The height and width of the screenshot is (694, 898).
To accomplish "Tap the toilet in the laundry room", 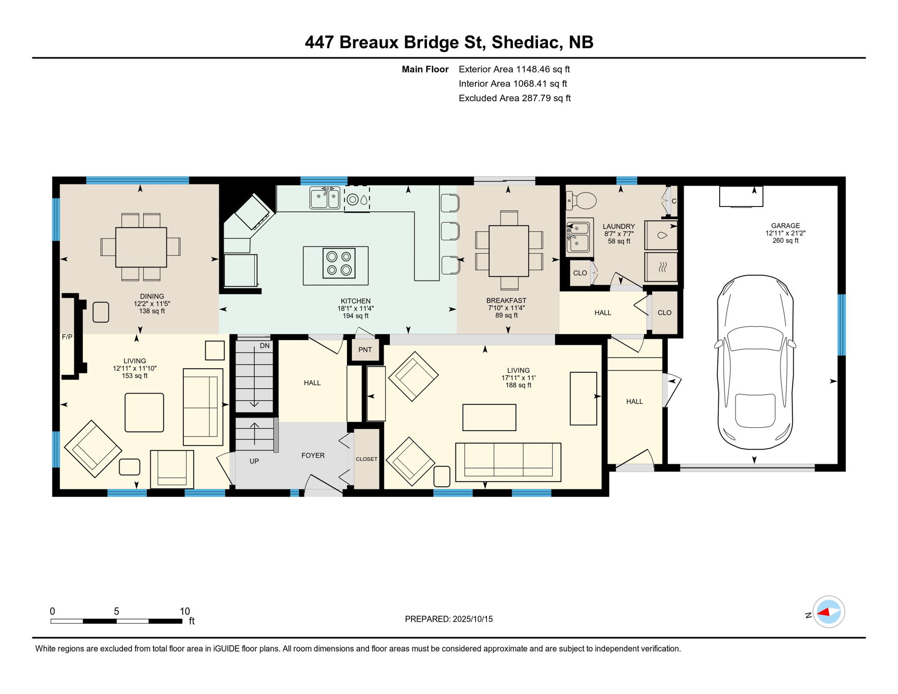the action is click(x=581, y=200).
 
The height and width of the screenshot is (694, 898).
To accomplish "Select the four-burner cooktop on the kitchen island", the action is click(x=339, y=263).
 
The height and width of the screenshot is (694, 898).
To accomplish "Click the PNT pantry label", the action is click(x=365, y=350).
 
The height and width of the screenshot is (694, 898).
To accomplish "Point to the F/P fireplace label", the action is click(x=67, y=337).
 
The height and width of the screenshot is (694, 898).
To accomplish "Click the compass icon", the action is click(x=828, y=612).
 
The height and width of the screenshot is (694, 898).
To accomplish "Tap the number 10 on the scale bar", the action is click(x=185, y=611).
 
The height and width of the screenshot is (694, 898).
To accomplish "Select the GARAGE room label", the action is click(x=786, y=225).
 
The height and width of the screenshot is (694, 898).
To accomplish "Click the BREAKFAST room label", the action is click(x=506, y=300).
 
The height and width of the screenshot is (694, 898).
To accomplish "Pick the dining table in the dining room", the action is click(x=141, y=247).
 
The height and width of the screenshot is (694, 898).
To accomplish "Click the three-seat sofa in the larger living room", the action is click(x=508, y=462).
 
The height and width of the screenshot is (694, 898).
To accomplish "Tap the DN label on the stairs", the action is click(x=265, y=346).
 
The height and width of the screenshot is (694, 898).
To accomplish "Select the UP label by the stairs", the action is click(x=254, y=461).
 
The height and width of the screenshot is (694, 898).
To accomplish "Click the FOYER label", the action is click(x=313, y=455).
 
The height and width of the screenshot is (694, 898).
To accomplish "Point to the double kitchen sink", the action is click(x=325, y=198).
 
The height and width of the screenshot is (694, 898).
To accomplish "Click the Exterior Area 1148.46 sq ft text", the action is click(x=514, y=69).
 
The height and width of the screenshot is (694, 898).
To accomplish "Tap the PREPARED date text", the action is click(x=449, y=619).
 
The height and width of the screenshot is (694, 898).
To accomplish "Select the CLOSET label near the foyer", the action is click(x=366, y=459).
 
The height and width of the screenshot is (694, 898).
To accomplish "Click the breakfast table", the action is click(x=509, y=251).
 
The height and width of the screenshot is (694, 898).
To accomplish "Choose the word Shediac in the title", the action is click(x=527, y=42).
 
